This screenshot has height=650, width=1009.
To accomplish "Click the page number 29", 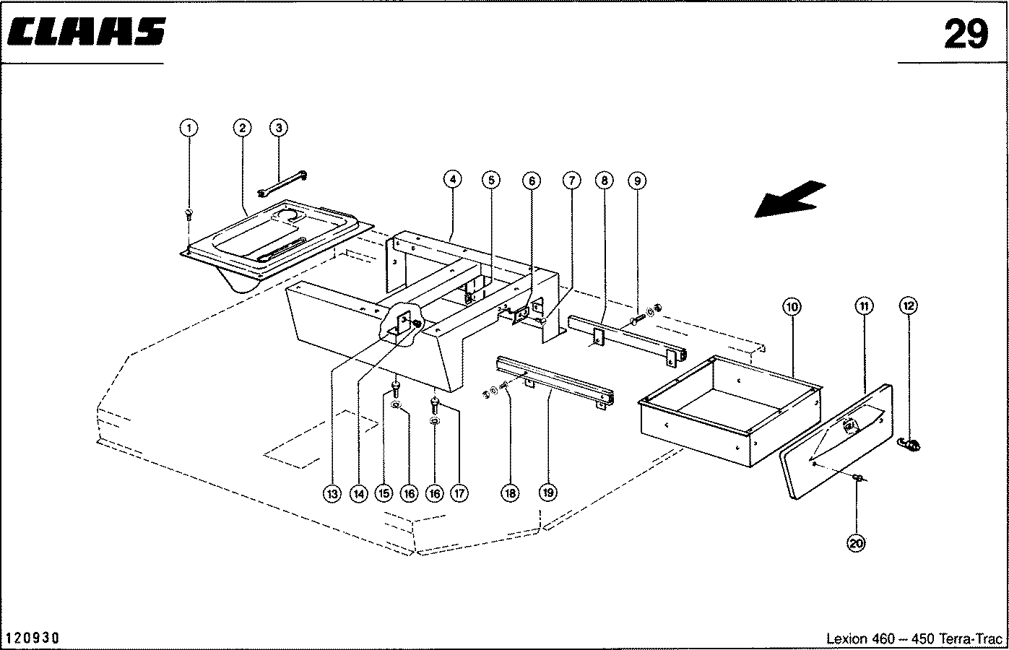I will point(965,34).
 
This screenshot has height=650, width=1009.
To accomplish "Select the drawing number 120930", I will point(33,638).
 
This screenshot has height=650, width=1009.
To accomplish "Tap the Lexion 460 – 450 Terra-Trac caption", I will point(914,639).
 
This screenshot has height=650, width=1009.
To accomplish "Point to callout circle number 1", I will point(189,128).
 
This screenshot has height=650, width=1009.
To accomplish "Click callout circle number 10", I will point(792,307).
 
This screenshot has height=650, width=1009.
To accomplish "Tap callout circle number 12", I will point(909,306).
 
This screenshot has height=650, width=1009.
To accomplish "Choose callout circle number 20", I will point(857,544).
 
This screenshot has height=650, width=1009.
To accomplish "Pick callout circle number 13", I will point(332,494).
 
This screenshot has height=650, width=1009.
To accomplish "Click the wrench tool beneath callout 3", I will point(282,183).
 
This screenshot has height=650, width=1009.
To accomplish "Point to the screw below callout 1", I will point(189,214).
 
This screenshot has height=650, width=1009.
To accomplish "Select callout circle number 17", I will point(459,494).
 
